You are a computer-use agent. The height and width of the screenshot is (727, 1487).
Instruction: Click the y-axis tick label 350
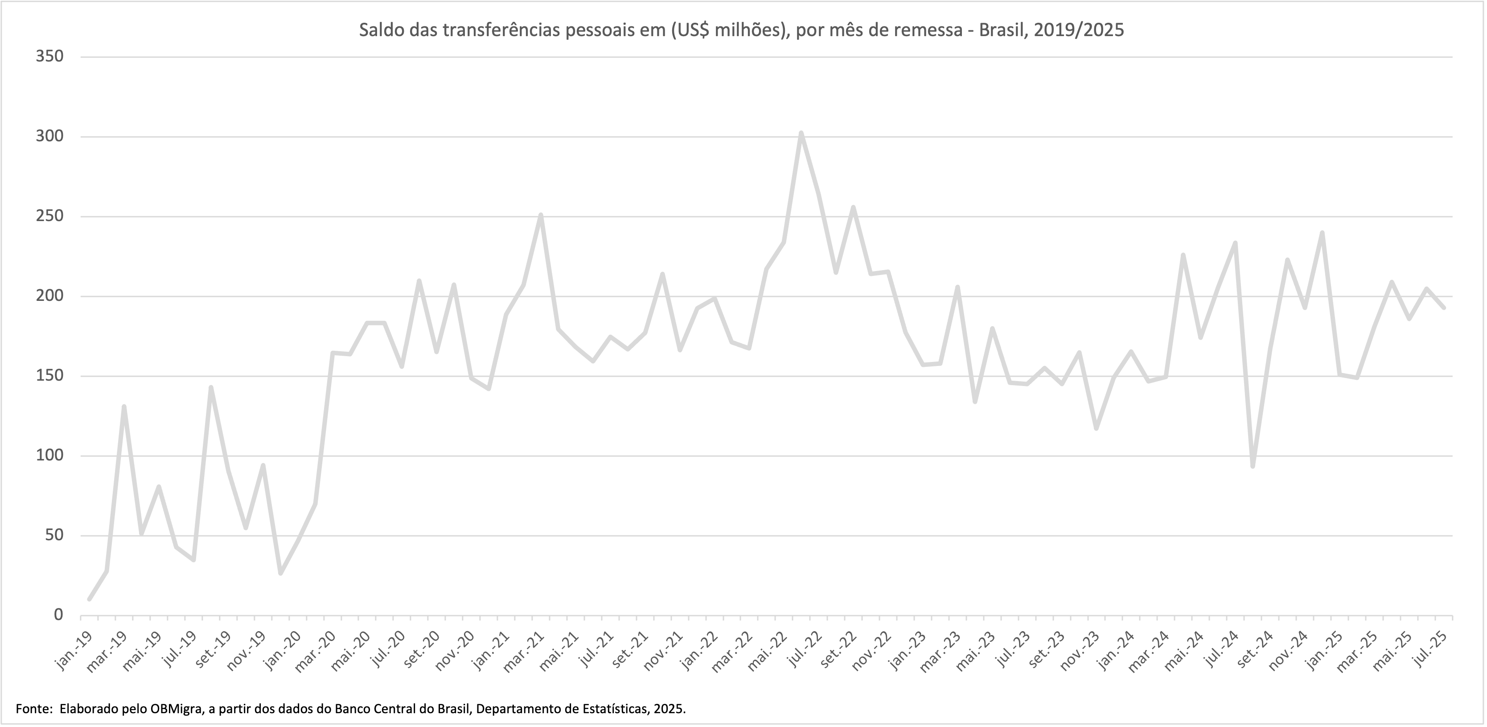coord(49,57)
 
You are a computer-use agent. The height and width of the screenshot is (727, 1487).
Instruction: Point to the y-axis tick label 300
coord(49,137)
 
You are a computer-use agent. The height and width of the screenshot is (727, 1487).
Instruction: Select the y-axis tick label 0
coord(58,615)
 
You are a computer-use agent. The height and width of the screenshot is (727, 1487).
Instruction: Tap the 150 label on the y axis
coord(49,376)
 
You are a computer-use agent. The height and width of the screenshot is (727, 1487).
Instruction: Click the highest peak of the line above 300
coord(801,133)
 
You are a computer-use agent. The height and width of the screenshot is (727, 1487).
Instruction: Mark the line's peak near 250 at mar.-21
coord(540,215)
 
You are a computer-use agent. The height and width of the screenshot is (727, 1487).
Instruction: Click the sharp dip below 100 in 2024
coord(1252,466)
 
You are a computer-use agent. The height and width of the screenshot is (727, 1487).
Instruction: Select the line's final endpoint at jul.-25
coord(1444,308)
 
